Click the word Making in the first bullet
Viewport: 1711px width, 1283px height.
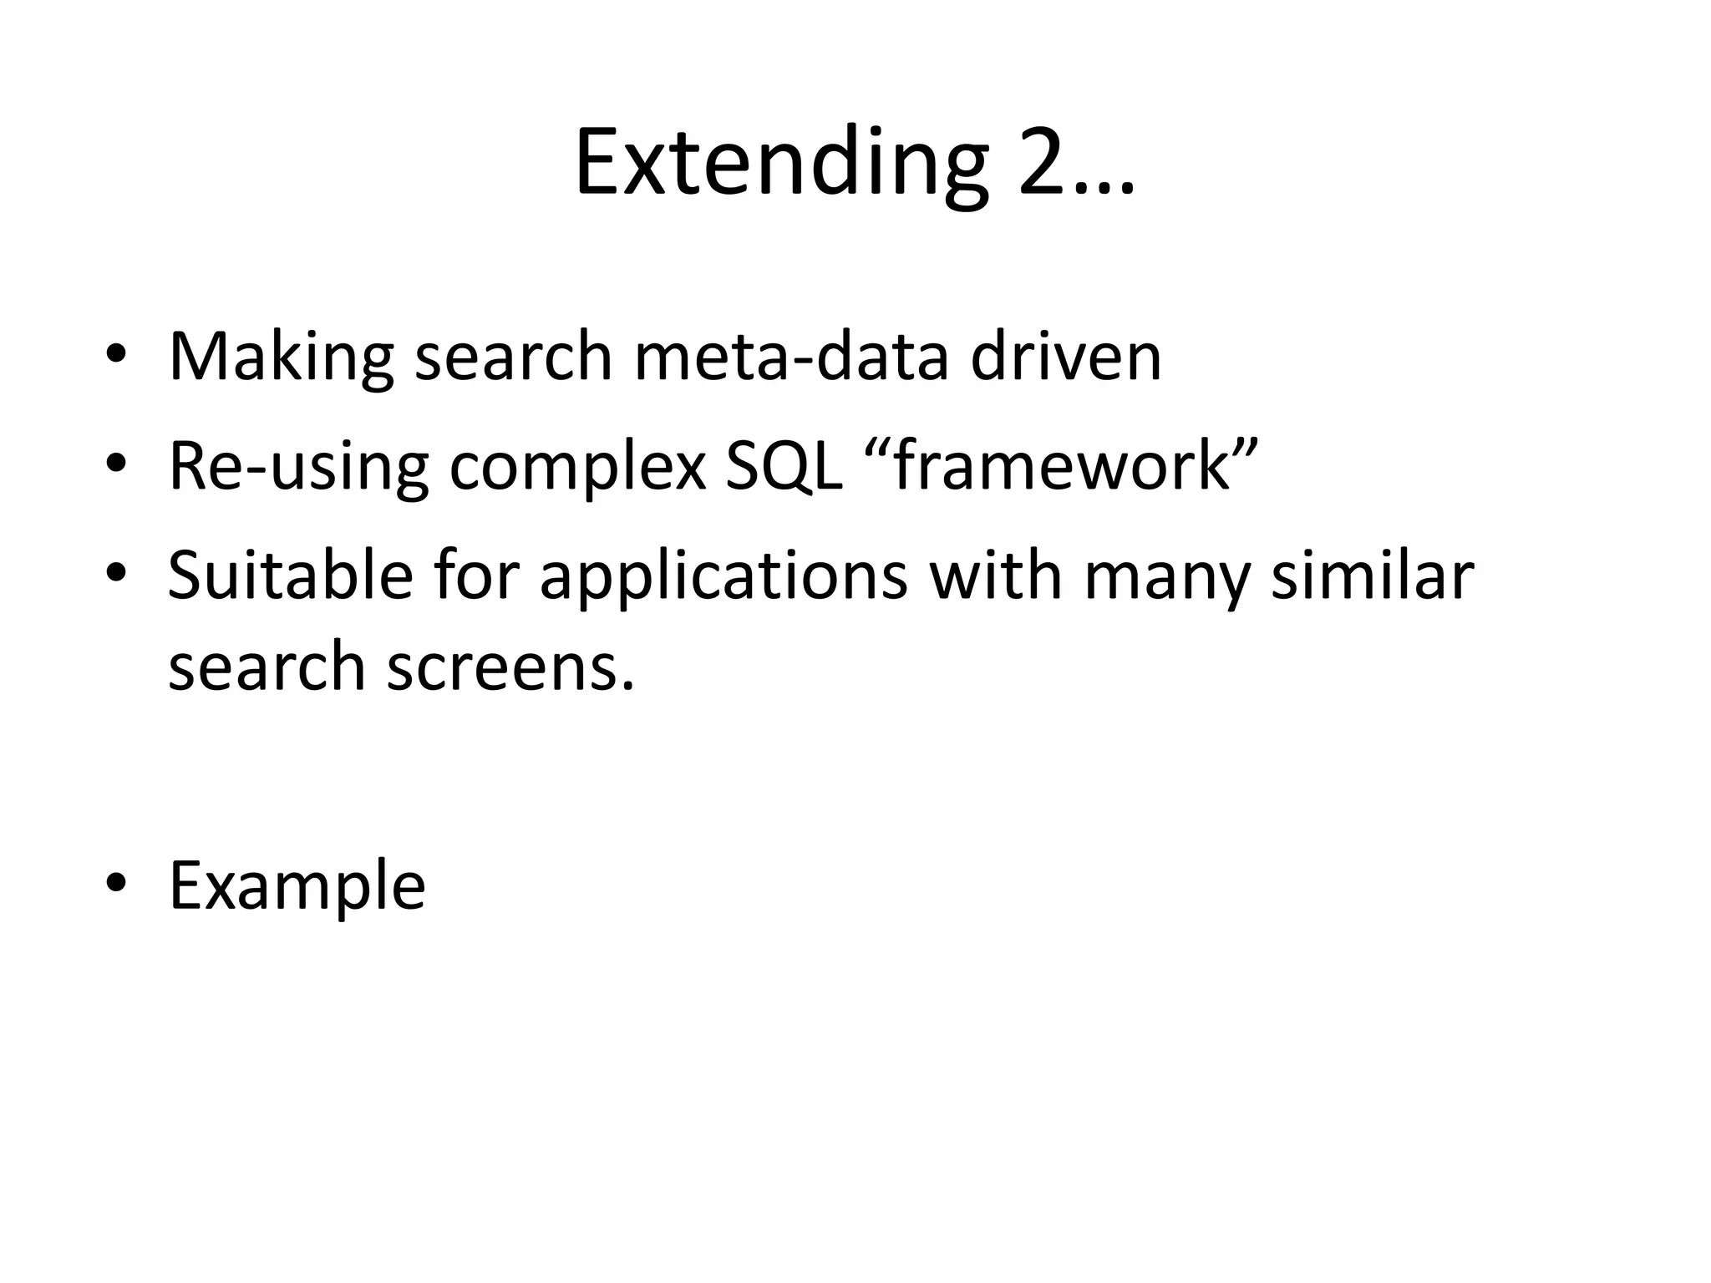coord(281,357)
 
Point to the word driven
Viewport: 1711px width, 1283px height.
coord(1066,357)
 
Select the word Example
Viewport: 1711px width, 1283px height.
coord(297,885)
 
